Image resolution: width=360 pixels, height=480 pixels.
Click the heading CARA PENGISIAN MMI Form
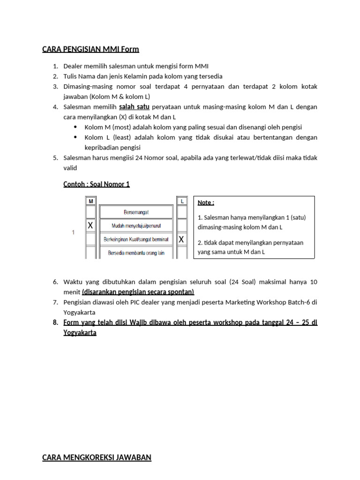click(x=90, y=49)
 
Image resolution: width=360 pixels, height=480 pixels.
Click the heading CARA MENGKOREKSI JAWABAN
click(x=97, y=457)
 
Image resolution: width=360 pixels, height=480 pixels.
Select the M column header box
click(x=90, y=201)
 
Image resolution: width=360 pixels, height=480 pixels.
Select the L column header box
click(x=181, y=201)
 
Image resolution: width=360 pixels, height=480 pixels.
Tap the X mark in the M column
click(x=90, y=225)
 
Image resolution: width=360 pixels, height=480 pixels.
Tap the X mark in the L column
click(x=181, y=240)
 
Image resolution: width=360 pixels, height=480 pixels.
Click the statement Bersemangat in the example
click(x=136, y=212)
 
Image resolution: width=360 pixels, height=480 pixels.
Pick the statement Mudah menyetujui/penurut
click(x=136, y=226)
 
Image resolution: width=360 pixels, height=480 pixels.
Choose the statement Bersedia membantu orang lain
click(x=136, y=253)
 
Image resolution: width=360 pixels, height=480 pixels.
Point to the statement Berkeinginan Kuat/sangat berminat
click(x=136, y=240)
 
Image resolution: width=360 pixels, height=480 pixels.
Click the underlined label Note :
click(x=206, y=202)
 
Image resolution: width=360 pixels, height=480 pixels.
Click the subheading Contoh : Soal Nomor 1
click(x=97, y=184)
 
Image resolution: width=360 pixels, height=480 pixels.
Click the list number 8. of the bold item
click(x=55, y=322)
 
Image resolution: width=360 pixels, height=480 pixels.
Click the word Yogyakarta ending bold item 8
click(x=80, y=333)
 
